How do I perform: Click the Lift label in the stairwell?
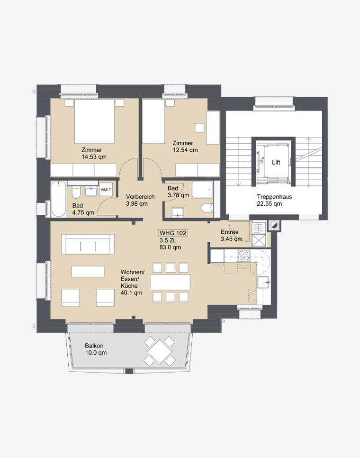coord(276,163)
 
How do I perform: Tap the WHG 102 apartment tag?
coord(173,233)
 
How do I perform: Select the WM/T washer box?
coord(106,190)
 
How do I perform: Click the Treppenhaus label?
coord(274,197)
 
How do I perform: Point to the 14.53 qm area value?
coord(94,157)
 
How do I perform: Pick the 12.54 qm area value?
coord(185,150)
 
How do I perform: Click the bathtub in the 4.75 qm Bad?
coord(58,199)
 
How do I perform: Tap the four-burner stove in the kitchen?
coord(244,256)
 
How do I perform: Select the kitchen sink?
coord(263,282)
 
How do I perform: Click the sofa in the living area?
coord(88,244)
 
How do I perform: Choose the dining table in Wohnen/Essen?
coord(171,282)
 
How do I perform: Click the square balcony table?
coord(160,351)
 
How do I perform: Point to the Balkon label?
coord(94,346)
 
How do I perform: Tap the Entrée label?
coord(230,232)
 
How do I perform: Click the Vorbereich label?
coord(140,197)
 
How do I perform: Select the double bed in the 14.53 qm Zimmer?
coord(94,121)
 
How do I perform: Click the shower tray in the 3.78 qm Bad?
coord(202,190)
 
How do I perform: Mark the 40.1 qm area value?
coord(131,293)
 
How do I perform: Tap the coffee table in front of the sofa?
coord(88,271)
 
